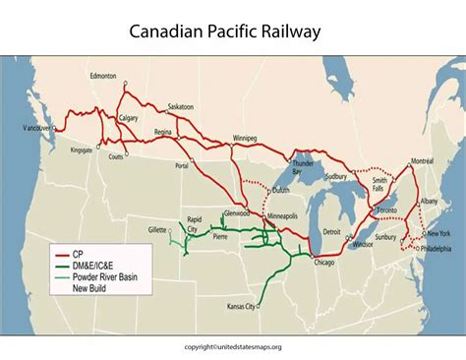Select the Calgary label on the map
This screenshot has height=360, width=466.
click(128, 118)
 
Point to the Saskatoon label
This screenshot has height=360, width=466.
click(181, 105)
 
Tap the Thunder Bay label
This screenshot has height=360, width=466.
click(303, 166)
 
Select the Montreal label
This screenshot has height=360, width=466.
click(422, 160)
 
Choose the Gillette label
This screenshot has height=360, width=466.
click(155, 228)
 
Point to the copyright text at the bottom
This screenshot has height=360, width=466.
click(232, 346)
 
